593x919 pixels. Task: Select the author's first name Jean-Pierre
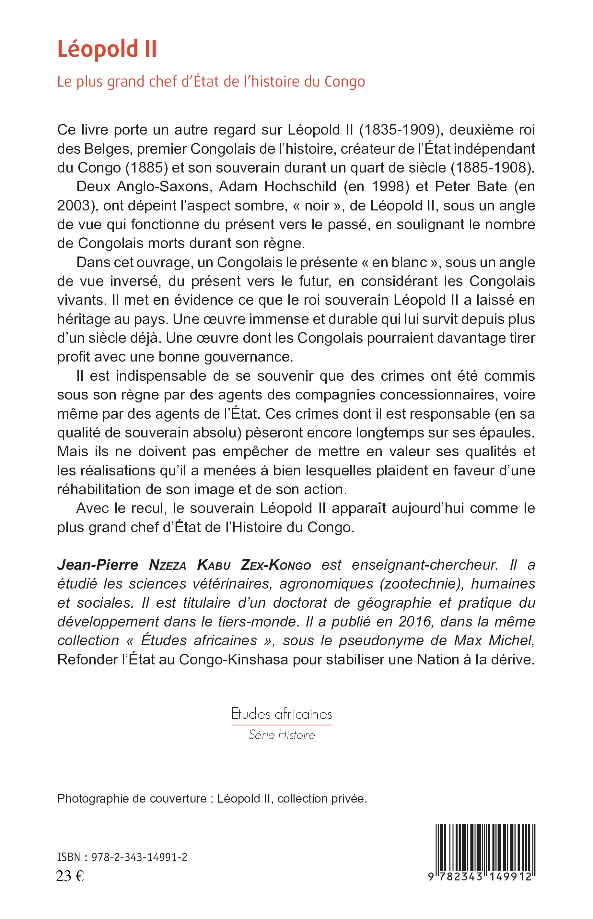(98, 565)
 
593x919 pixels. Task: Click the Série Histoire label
(282, 735)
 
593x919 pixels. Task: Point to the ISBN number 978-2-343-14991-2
(139, 857)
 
